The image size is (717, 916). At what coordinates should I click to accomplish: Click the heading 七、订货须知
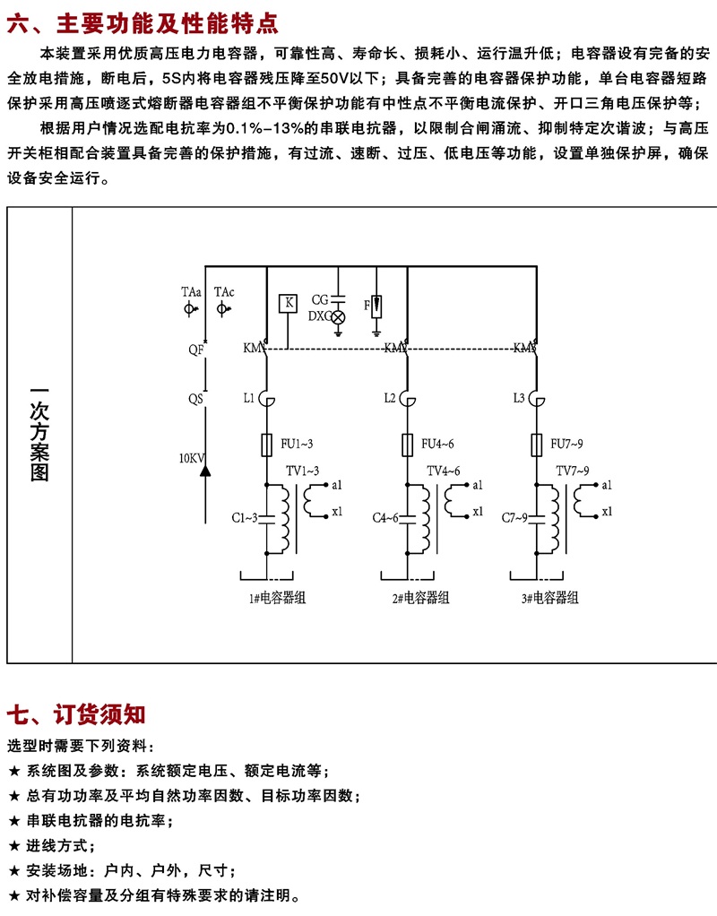pos(76,714)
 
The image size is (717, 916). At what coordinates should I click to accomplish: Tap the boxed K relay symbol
pos(289,303)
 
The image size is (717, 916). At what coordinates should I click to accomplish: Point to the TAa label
pos(191,292)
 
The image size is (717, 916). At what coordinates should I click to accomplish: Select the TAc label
pos(224,292)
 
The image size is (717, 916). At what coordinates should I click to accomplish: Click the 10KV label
pos(192,458)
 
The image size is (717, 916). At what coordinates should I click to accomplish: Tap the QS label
pos(194,396)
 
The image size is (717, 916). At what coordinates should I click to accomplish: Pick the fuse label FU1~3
pos(298,443)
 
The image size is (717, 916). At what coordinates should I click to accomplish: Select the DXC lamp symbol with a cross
pos(339,317)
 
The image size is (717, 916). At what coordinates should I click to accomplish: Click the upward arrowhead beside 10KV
pos(205,468)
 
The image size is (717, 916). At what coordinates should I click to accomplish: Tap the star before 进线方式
pos(13,845)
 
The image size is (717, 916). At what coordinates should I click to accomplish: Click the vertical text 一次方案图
pos(39,434)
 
